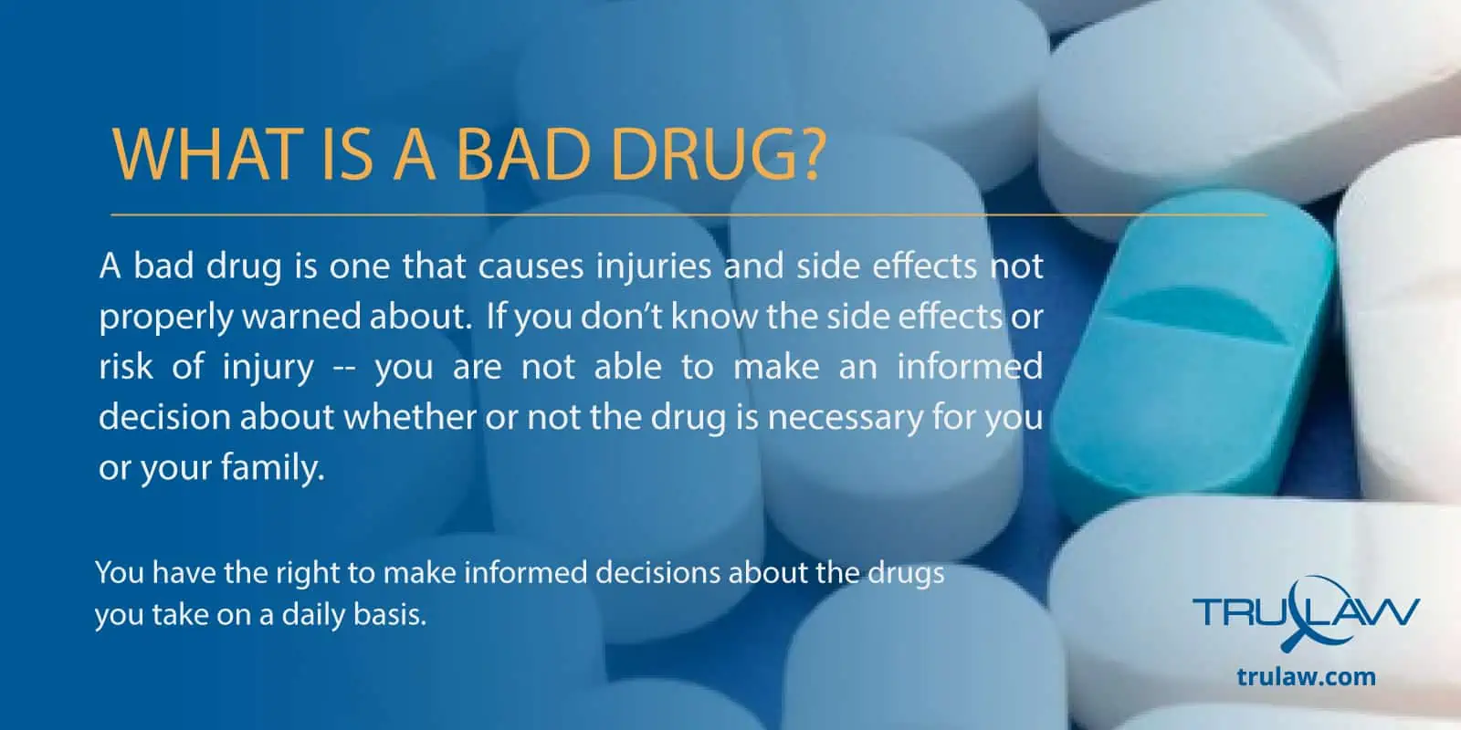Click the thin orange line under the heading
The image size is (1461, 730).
[x=688, y=214]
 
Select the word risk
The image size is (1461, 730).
[x=125, y=366]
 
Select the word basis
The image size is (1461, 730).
[x=389, y=615]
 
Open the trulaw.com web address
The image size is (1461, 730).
[x=1307, y=676]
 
